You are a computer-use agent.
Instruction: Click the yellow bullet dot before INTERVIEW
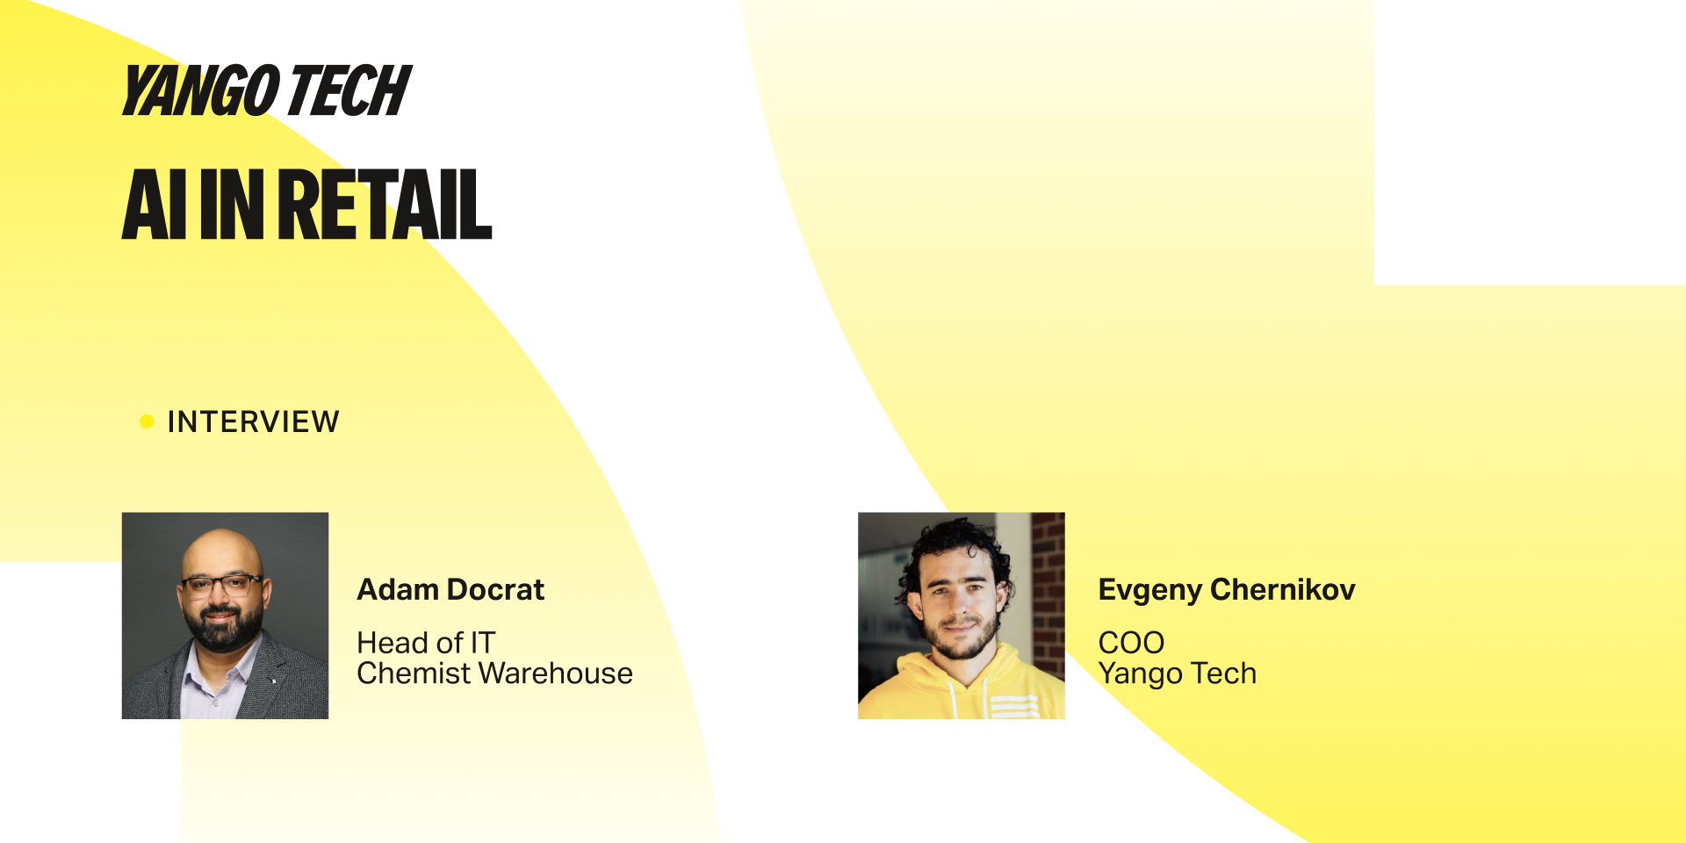click(147, 421)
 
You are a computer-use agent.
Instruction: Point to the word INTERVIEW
click(253, 421)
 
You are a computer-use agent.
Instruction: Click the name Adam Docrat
click(450, 589)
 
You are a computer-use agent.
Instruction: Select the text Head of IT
click(426, 643)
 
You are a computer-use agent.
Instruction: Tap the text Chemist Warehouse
click(494, 674)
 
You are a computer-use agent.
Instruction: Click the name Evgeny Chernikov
click(1227, 590)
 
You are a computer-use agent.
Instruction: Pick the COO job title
click(1131, 643)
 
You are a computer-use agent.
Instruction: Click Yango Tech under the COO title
click(1178, 674)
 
